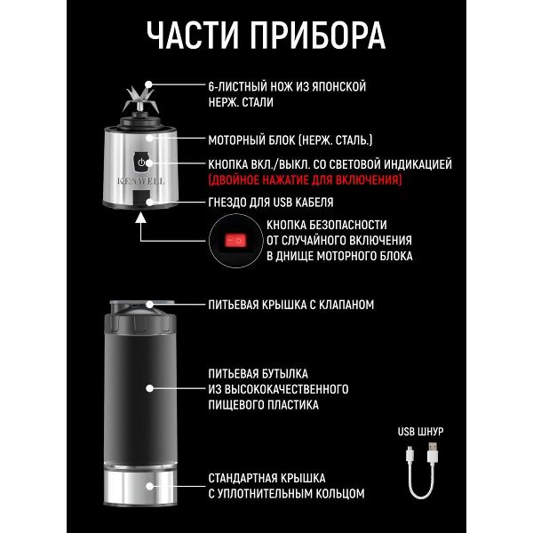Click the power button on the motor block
point(143,163)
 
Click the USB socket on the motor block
point(142,202)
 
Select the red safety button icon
point(236,240)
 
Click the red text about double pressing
point(305,179)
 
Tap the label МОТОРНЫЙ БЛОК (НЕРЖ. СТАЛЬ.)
point(290,140)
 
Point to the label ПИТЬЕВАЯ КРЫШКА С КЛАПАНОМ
point(290,305)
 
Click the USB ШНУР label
point(420,432)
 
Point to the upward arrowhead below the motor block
point(143,223)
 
